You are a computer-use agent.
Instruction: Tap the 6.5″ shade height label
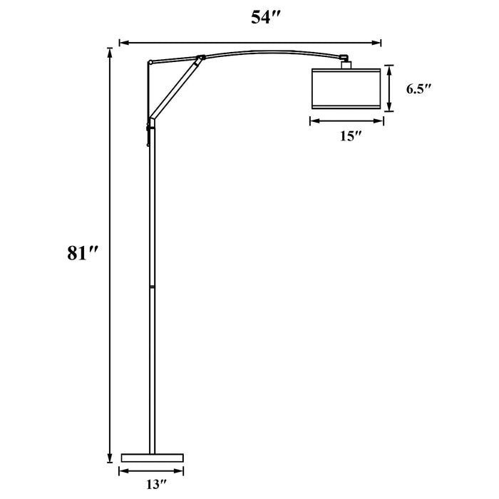point(420,89)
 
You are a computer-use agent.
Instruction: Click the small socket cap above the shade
point(346,64)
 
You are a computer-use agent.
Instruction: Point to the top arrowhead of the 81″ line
point(109,51)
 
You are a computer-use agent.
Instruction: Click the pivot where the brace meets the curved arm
point(200,57)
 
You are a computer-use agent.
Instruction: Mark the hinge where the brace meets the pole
point(150,119)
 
